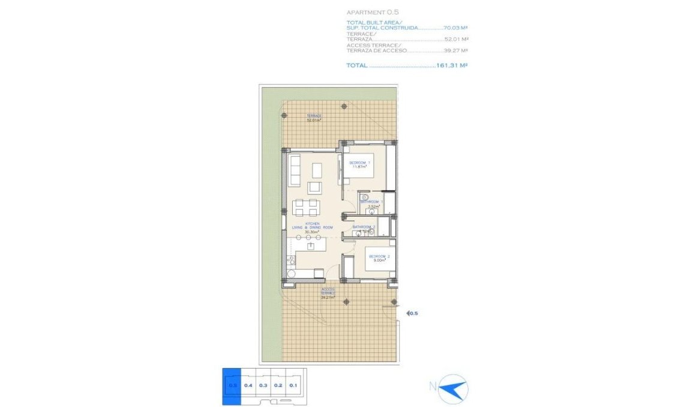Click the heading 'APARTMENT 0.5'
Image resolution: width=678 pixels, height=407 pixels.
coord(372,12)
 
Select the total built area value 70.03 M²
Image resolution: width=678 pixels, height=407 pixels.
coord(455,28)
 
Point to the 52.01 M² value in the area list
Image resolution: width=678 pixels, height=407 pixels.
coord(456,39)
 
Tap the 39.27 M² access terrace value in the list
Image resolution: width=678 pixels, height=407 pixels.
coord(456,51)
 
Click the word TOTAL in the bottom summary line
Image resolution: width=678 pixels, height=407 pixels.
coord(356,65)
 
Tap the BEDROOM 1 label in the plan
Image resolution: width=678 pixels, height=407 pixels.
coord(360,163)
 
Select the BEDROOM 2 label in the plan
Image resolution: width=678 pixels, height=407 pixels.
coord(379,256)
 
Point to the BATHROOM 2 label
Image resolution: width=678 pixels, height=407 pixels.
coord(364,227)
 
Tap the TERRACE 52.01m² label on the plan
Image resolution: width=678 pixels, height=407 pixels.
coord(314,118)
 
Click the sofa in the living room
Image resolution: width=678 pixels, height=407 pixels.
coord(295,170)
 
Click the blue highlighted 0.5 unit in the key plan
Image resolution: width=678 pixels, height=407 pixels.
coord(232,385)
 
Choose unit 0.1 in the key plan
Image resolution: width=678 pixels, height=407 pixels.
coord(293,385)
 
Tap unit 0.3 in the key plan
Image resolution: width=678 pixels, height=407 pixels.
coord(263,385)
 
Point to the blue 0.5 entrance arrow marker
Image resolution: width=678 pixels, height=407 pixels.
coord(412,313)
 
